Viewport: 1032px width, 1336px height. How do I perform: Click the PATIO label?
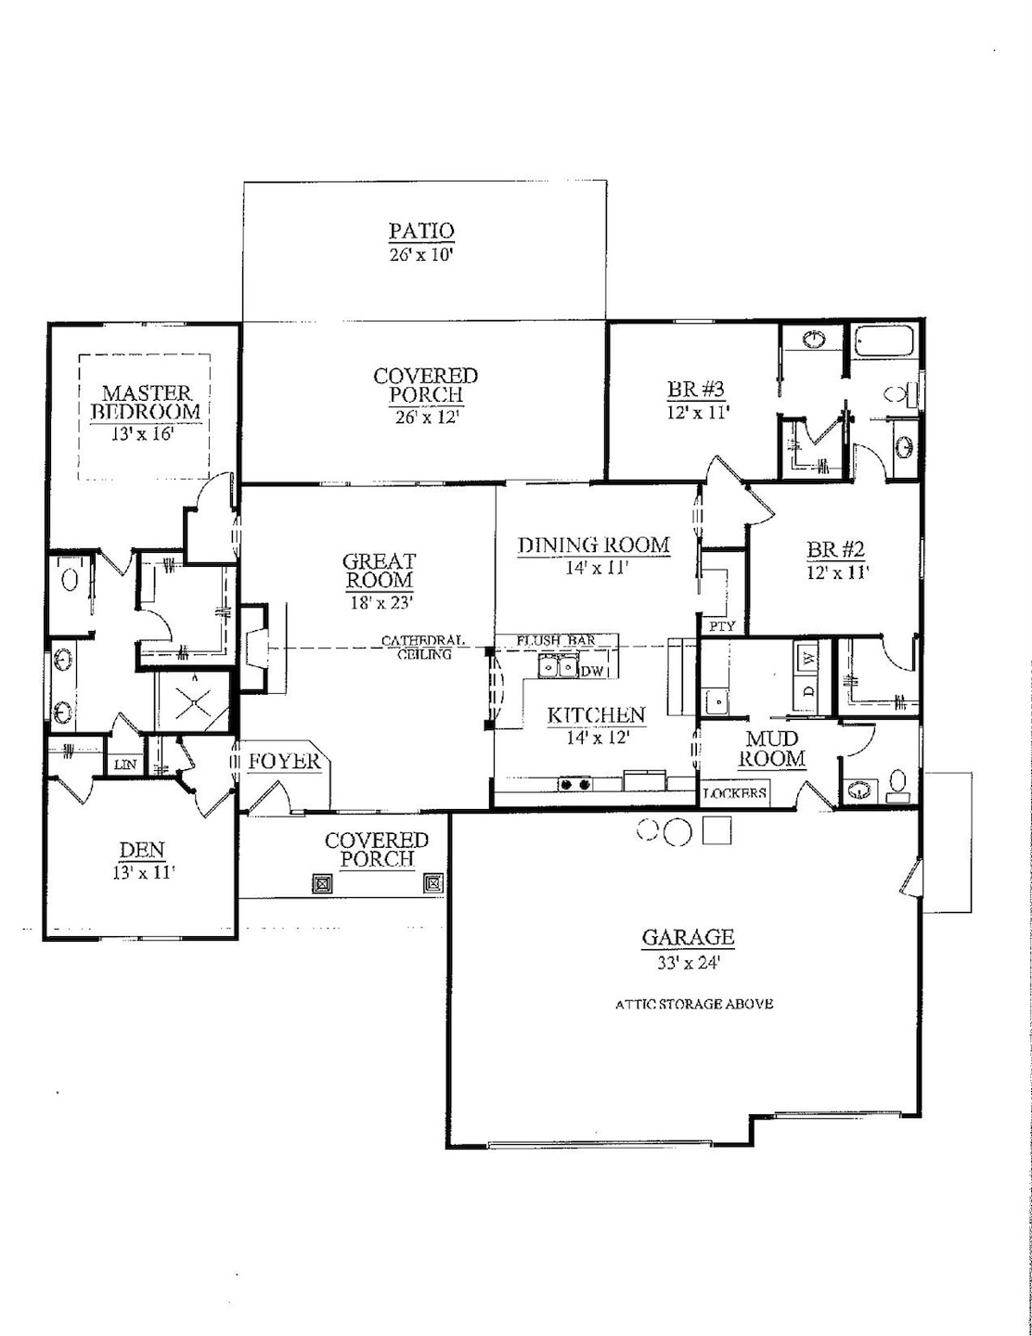(x=421, y=231)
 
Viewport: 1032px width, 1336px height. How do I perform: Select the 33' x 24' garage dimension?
(x=689, y=963)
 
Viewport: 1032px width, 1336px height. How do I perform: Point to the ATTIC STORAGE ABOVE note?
(x=694, y=1004)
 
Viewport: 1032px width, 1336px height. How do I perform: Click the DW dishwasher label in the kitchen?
(x=591, y=671)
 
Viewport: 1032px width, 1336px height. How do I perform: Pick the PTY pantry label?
(x=722, y=626)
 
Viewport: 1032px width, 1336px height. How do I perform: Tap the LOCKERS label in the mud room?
(x=735, y=793)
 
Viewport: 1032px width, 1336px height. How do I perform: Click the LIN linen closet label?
(x=124, y=764)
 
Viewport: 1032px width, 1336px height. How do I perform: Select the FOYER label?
(x=284, y=762)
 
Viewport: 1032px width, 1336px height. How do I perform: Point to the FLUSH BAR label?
(x=556, y=640)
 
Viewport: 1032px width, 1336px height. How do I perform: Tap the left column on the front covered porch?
(x=322, y=883)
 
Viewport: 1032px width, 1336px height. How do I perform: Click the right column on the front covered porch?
(x=432, y=883)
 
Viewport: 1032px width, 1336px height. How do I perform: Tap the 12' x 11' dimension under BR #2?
(x=836, y=572)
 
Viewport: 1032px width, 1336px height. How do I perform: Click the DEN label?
(x=142, y=850)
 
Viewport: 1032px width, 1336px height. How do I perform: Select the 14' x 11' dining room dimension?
(x=592, y=568)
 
